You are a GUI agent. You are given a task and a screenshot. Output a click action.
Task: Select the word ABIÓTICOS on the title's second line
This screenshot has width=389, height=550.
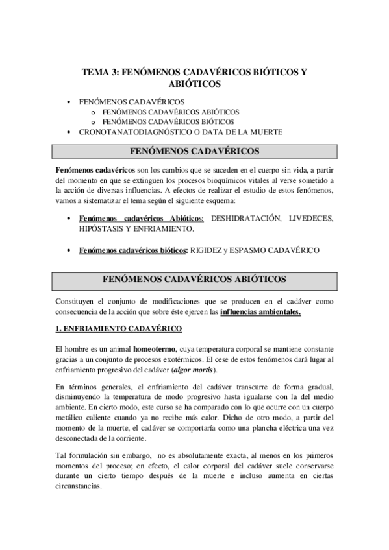(x=194, y=84)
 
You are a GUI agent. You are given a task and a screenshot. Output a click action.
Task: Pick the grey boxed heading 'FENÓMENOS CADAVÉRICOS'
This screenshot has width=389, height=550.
(x=195, y=152)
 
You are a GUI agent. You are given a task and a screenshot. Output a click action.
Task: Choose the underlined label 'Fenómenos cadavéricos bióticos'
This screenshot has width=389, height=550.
(x=132, y=250)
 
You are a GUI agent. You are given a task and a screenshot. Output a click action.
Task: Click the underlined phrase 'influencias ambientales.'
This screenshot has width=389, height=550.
(x=260, y=312)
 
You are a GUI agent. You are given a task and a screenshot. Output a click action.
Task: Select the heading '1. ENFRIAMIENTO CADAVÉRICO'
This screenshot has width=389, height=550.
(x=119, y=329)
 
